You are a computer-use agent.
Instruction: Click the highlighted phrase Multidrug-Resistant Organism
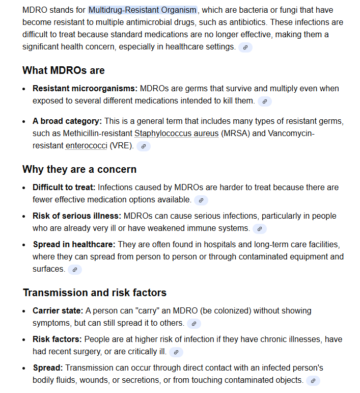pyautogui.click(x=142, y=10)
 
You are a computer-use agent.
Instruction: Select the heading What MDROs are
pyautogui.click(x=64, y=70)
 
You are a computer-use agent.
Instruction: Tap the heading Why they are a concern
pyautogui.click(x=79, y=169)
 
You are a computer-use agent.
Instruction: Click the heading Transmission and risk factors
pyautogui.click(x=95, y=293)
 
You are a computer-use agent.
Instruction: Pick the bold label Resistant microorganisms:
pyautogui.click(x=85, y=88)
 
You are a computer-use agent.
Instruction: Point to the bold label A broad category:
pyautogui.click(x=67, y=121)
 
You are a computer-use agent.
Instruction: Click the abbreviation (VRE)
pyautogui.click(x=122, y=146)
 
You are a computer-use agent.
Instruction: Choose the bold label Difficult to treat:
pyautogui.click(x=64, y=187)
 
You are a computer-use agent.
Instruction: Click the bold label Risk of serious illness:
pyautogui.click(x=77, y=216)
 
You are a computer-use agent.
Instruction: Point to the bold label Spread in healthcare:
pyautogui.click(x=74, y=244)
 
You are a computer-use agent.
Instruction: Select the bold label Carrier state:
pyautogui.click(x=58, y=310)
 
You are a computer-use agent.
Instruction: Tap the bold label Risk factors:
pyautogui.click(x=58, y=339)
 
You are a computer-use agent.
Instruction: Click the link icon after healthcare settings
pyautogui.click(x=245, y=47)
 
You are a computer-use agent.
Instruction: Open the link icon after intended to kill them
pyautogui.click(x=264, y=101)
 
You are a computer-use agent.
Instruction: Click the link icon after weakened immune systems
pyautogui.click(x=259, y=229)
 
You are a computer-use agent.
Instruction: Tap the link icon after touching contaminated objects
pyautogui.click(x=313, y=380)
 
